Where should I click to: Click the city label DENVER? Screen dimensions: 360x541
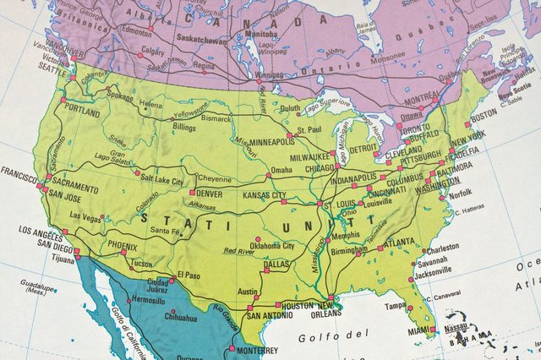pyautogui.click(x=209, y=194)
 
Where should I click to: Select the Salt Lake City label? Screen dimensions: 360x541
pyautogui.click(x=162, y=181)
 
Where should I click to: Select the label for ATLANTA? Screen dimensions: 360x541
pyautogui.click(x=398, y=243)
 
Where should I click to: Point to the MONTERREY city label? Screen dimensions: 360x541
pyautogui.click(x=257, y=350)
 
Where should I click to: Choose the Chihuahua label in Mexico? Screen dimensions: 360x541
pyautogui.click(x=180, y=319)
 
